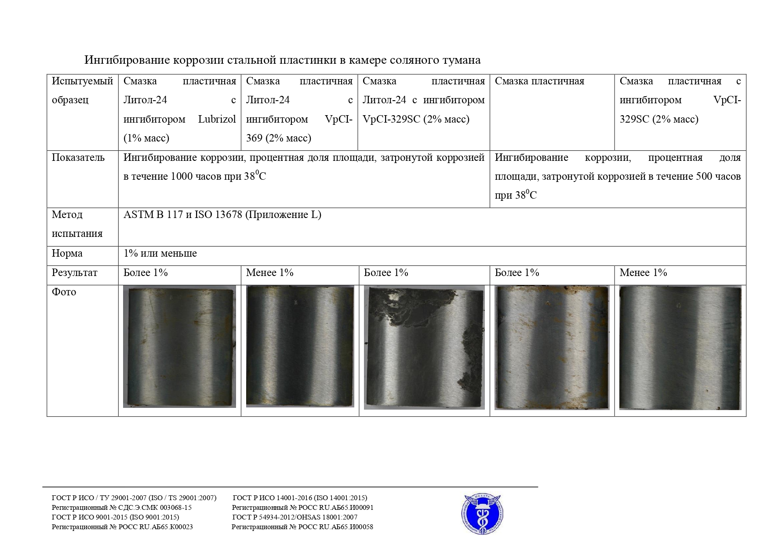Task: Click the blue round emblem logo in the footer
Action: coord(482,514)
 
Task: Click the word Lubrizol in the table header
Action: coord(217,119)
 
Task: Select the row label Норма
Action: coord(67,254)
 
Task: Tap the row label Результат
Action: coord(74,273)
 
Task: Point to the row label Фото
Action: coord(64,292)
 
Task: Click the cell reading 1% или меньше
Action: coord(160,254)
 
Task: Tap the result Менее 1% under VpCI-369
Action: coord(269,273)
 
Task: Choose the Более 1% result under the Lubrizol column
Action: coord(145,273)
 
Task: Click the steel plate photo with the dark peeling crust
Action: coord(424,348)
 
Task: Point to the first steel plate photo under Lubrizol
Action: coord(179,347)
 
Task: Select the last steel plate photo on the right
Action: coord(680,348)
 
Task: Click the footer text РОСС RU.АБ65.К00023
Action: coord(156,527)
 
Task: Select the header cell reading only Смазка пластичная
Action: coord(539,81)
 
